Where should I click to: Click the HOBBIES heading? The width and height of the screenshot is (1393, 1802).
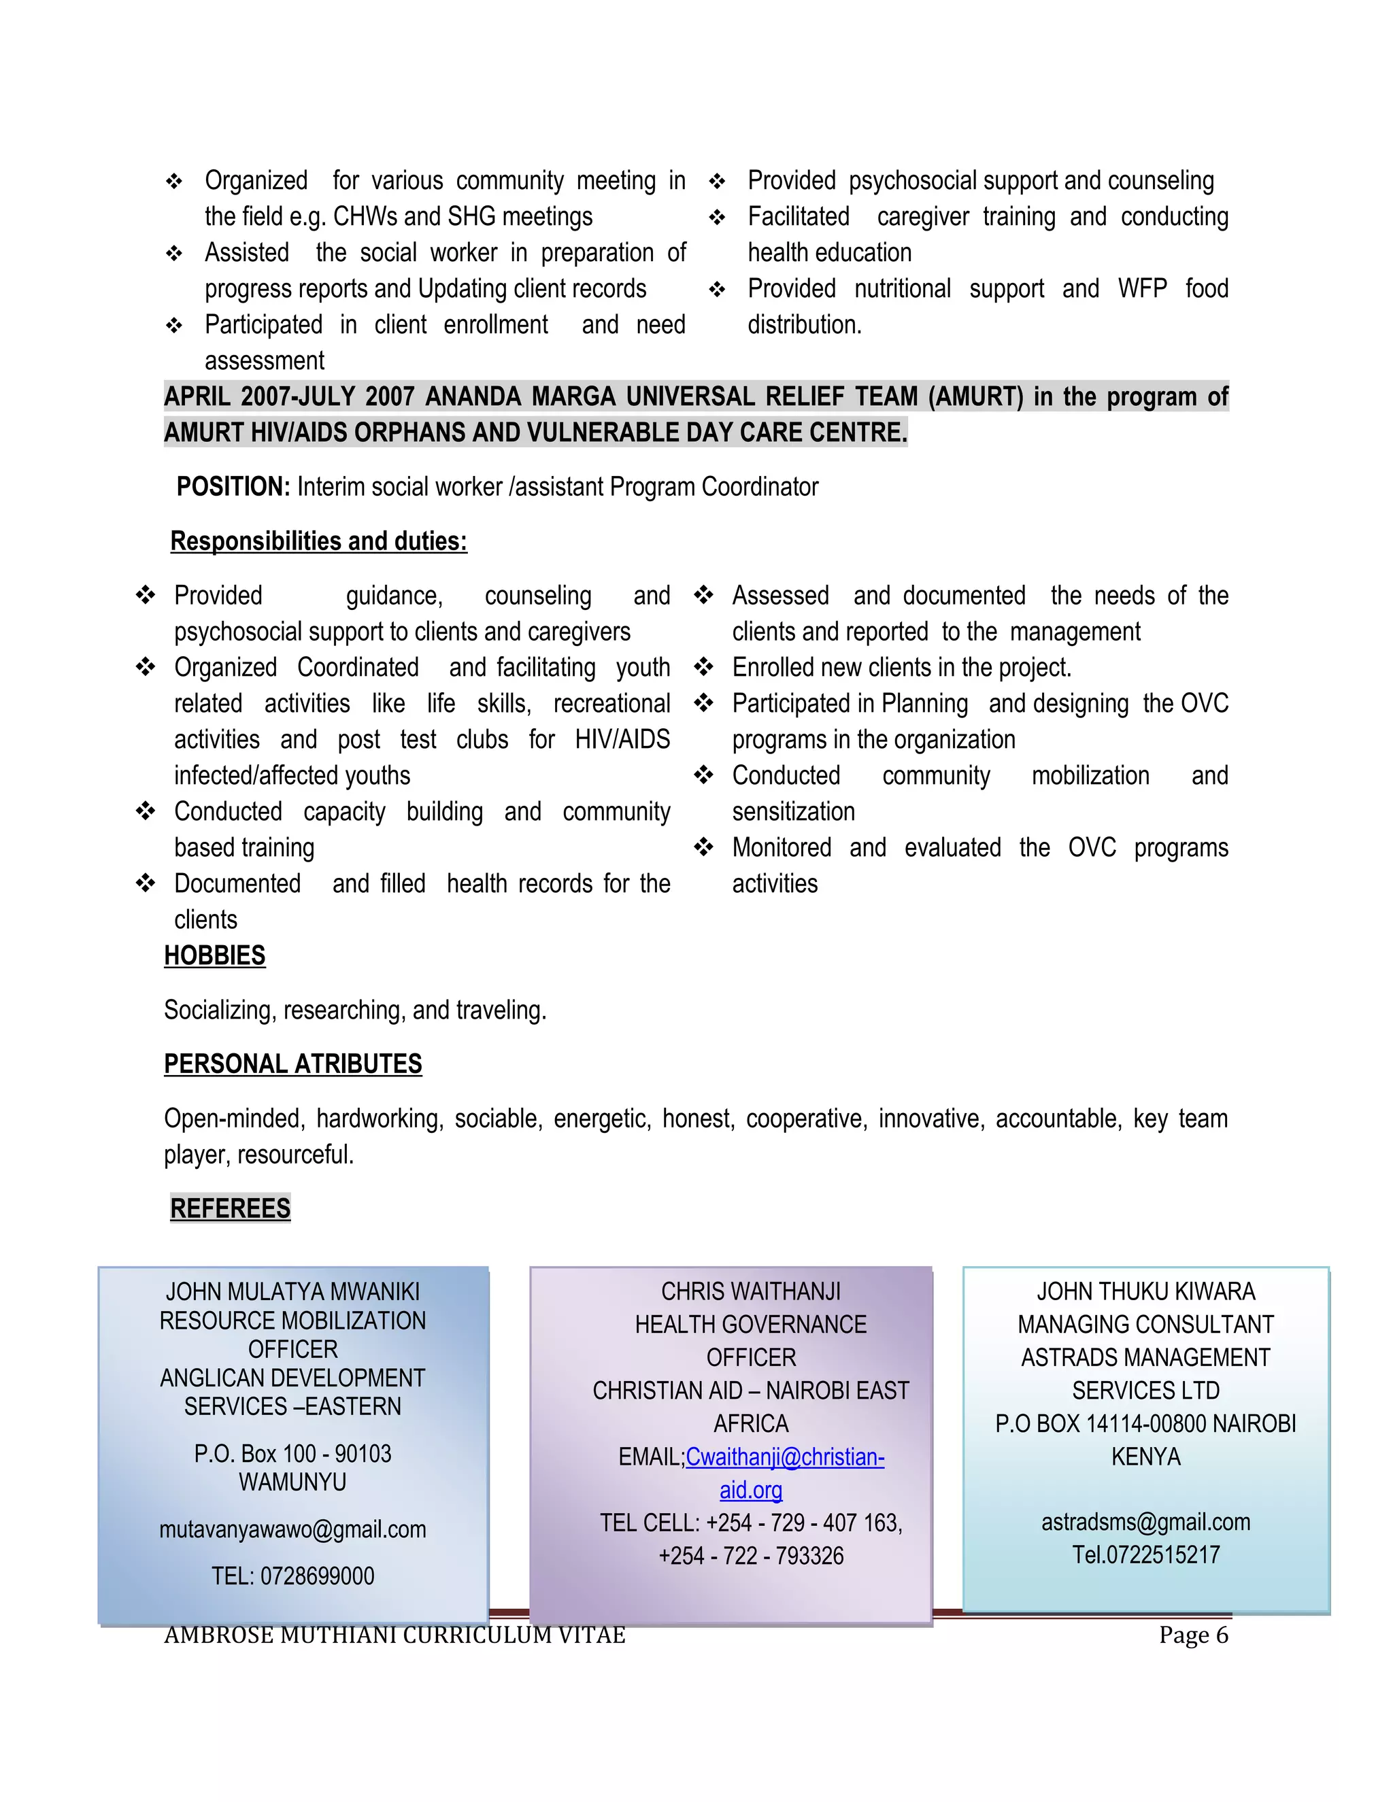[x=214, y=955]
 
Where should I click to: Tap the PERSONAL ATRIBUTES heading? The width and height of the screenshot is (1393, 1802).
[x=293, y=1064]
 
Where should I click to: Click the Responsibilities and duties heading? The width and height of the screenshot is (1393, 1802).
[x=318, y=541]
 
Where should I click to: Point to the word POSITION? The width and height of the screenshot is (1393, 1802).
[x=233, y=487]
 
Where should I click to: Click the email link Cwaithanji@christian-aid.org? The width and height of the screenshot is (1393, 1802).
[x=784, y=1457]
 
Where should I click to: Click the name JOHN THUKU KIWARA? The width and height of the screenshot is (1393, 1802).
[x=1145, y=1291]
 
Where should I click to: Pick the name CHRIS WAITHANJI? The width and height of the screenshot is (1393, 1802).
[x=751, y=1291]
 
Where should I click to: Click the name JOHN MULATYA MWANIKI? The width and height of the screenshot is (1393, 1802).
[x=293, y=1291]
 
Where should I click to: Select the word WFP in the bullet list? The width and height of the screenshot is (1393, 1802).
[x=1142, y=289]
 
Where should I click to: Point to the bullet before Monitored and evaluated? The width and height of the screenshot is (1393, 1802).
[x=703, y=847]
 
